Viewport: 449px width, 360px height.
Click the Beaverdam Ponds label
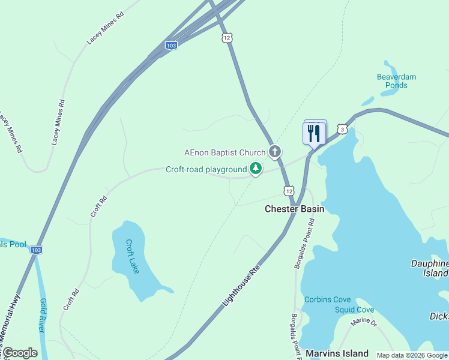pos(396,81)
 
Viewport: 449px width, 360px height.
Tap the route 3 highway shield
pos(342,129)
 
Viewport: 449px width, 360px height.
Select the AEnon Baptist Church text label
pos(224,152)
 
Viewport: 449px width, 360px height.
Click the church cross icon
pos(275,151)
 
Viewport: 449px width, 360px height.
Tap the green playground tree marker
pos(256,169)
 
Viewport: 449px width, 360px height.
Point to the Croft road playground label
pos(206,170)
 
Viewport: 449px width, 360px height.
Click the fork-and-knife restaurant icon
pos(314,133)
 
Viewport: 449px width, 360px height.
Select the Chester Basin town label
pos(295,209)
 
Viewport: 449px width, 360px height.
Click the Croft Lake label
pos(133,257)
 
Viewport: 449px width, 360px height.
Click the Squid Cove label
pos(355,310)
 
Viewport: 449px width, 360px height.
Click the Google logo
pos(19,353)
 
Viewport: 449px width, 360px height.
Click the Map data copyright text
pos(412,355)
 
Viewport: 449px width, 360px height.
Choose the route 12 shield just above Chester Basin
pos(289,190)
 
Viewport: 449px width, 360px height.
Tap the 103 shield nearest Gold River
pos(36,250)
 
